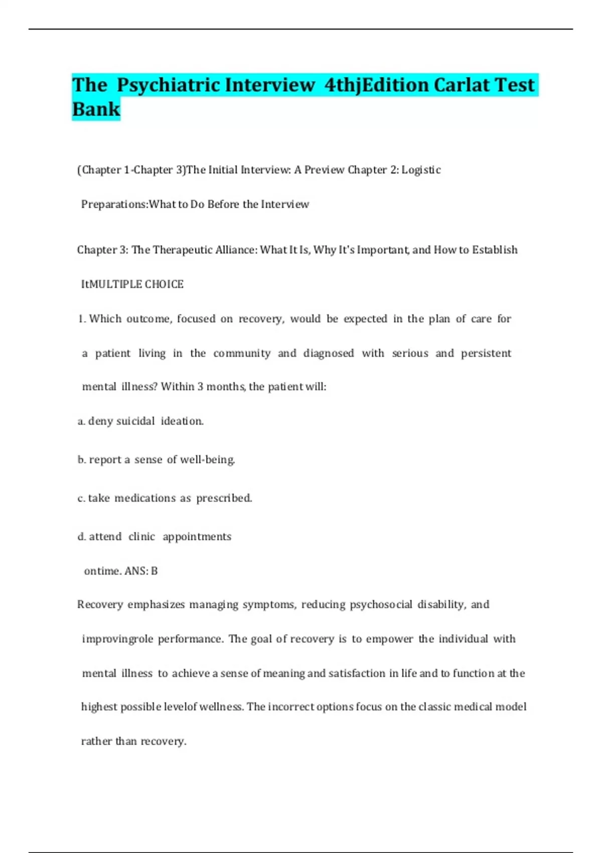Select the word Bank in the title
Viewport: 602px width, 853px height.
tap(96, 109)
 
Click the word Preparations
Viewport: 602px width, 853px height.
tap(114, 204)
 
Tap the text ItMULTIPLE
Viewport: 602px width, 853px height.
tap(112, 285)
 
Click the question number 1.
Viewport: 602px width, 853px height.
tap(81, 319)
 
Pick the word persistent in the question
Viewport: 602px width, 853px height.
tap(486, 353)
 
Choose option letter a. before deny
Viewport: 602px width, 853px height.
tap(81, 421)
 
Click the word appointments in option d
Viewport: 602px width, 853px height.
tap(197, 537)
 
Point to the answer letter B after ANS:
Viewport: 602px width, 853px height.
tap(154, 571)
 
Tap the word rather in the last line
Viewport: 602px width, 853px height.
tap(96, 741)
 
